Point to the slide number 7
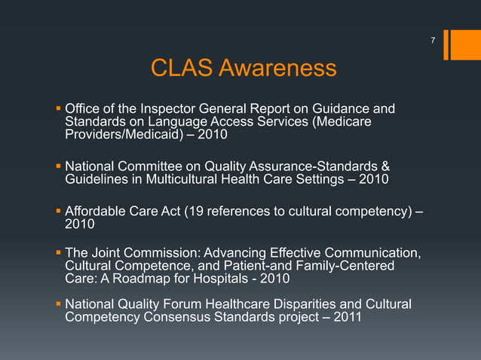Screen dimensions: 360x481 click(433, 39)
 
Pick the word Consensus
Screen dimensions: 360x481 click(179, 318)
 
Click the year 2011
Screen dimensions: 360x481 click(347, 318)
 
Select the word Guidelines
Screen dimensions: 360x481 click(97, 178)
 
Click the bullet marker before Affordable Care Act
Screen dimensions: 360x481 click(58, 211)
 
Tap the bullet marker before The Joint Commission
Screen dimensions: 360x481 click(58, 253)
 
